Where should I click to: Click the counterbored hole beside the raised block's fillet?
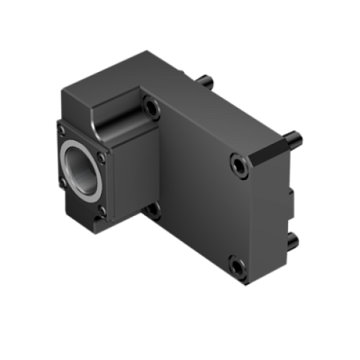tap(151, 109)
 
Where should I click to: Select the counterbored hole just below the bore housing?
tap(152, 212)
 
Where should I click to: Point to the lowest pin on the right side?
tap(293, 239)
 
